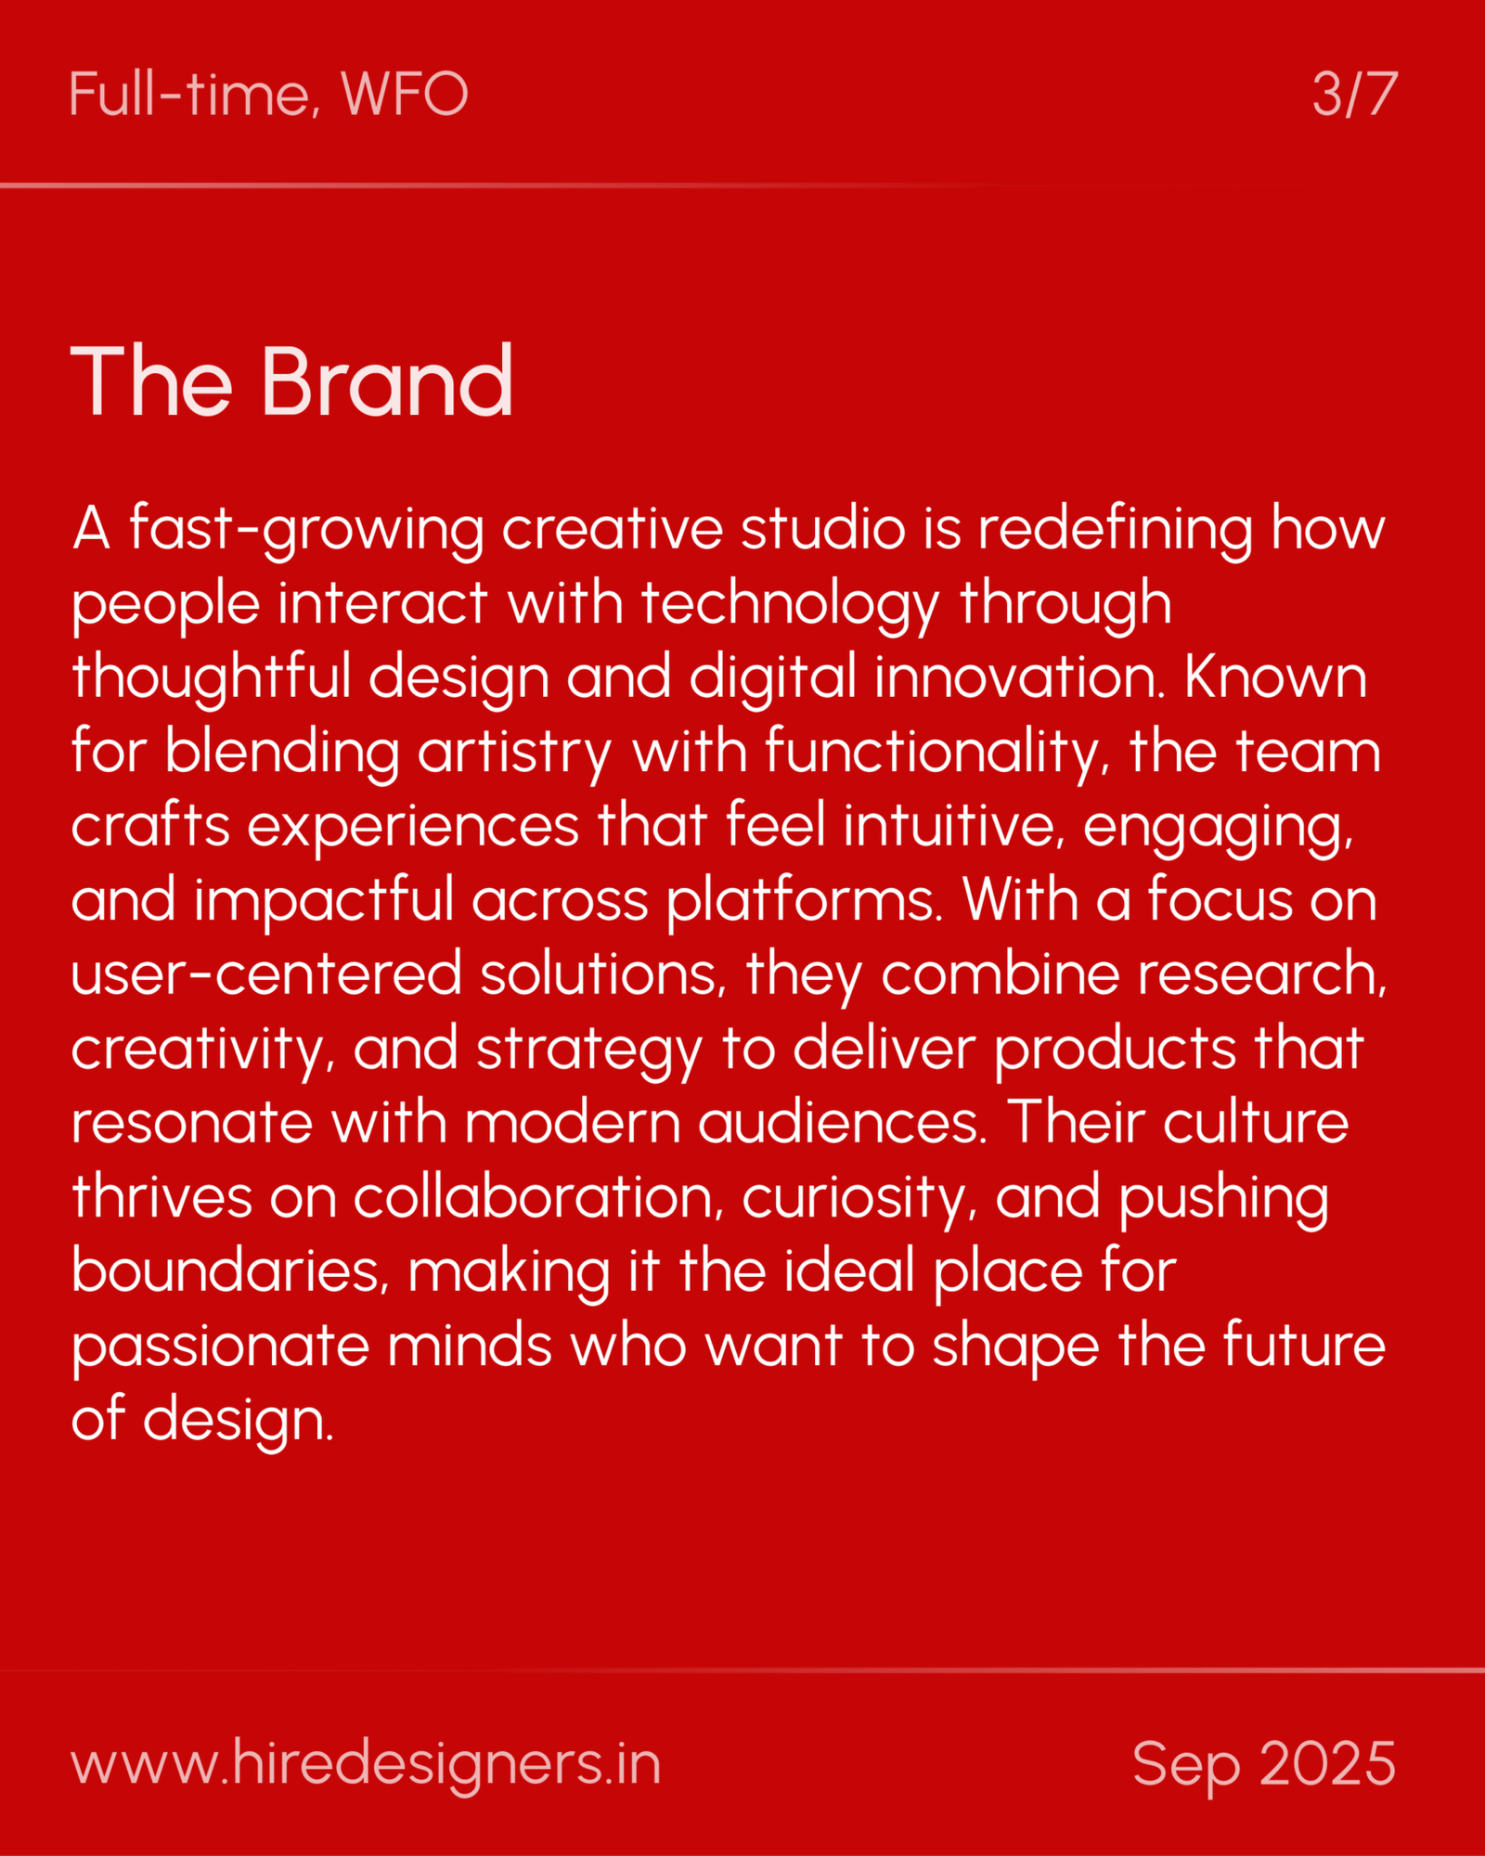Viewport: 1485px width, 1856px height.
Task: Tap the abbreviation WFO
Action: click(x=404, y=94)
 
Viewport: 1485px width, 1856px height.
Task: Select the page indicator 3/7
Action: click(x=1354, y=94)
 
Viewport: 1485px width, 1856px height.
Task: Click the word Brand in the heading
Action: click(x=387, y=381)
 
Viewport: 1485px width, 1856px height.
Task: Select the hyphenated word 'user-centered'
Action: click(x=266, y=975)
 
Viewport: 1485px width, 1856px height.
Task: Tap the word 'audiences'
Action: click(x=842, y=1122)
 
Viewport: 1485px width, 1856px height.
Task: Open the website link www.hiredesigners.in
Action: click(x=366, y=1764)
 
